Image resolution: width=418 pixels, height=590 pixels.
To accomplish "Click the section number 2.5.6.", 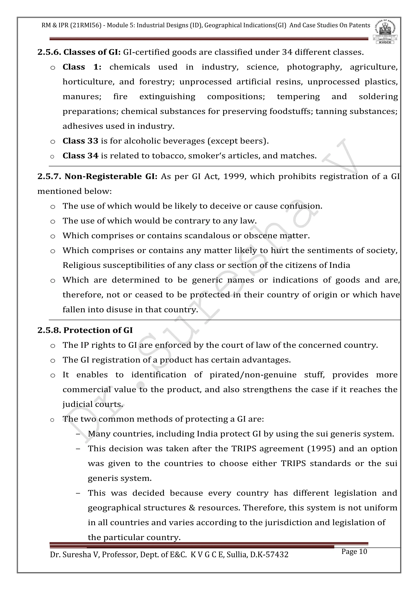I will point(49,52).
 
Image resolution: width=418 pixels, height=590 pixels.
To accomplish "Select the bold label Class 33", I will point(80,141).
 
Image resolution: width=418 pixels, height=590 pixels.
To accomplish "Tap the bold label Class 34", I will point(80,156).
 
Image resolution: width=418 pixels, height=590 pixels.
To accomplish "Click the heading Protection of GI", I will point(98,330).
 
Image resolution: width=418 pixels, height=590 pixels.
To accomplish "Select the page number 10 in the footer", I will point(363,551).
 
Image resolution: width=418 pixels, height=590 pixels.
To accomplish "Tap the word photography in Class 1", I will point(314,67).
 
